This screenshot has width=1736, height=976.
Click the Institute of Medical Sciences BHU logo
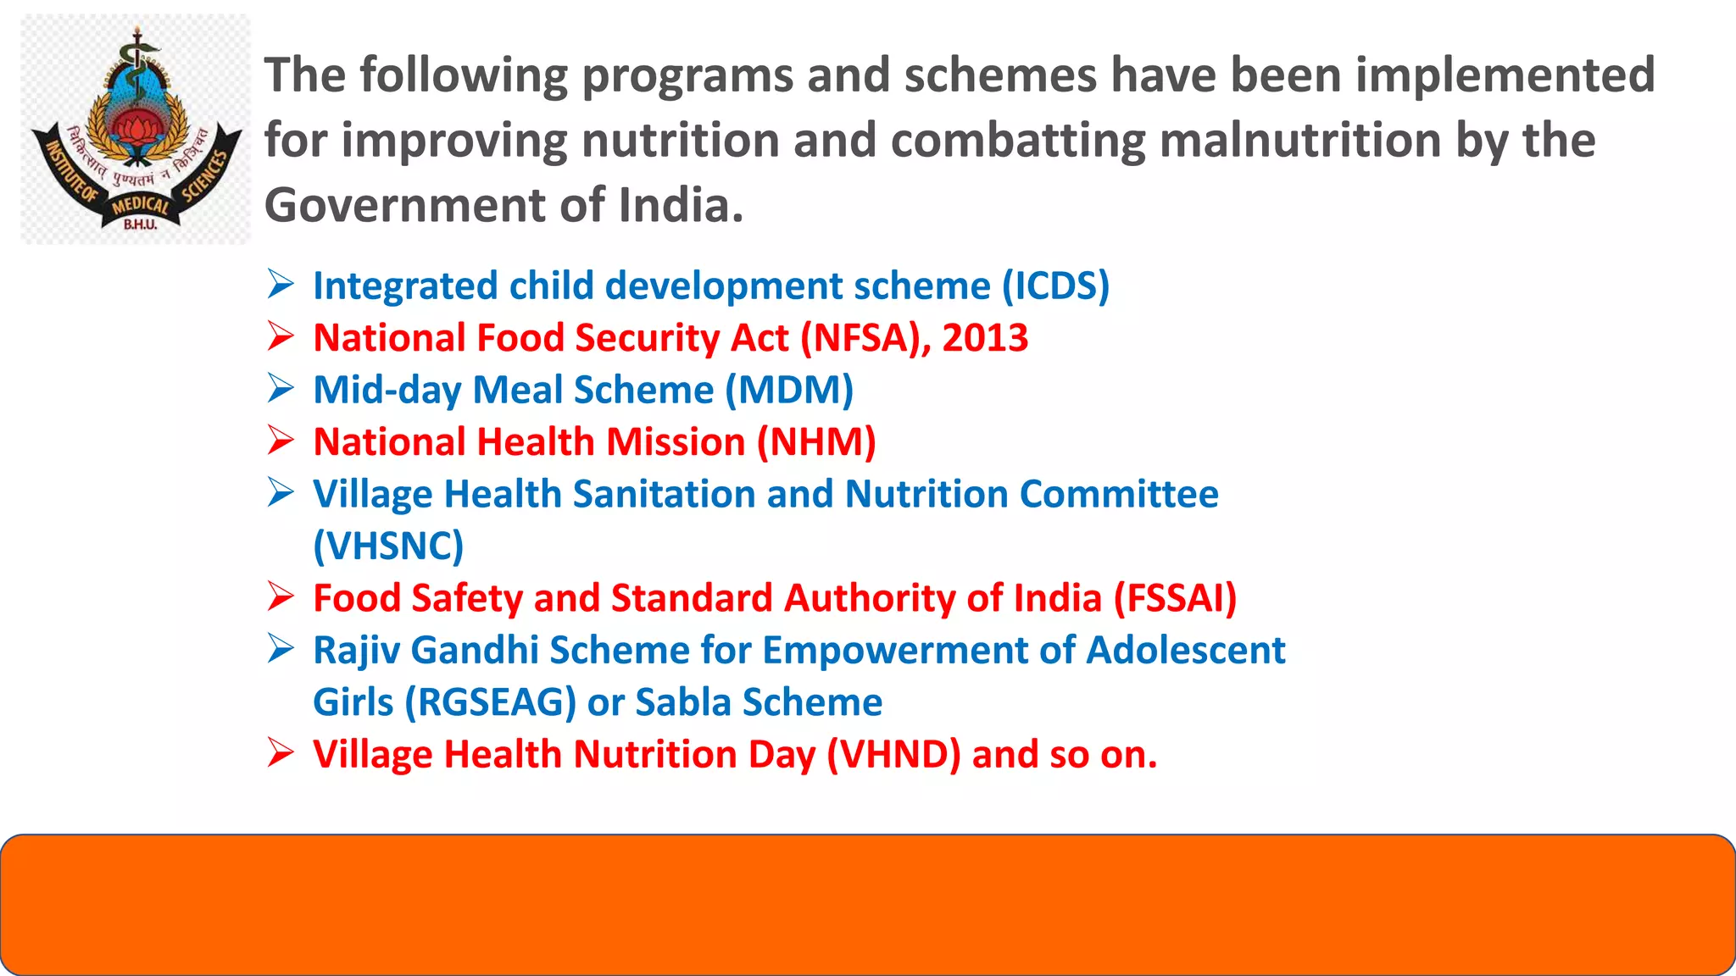tap(136, 130)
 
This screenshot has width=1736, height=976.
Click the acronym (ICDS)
tap(1055, 286)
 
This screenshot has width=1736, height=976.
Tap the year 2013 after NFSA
tap(985, 338)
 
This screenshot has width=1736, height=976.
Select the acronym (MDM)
tap(789, 391)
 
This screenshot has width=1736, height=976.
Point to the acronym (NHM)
tap(816, 442)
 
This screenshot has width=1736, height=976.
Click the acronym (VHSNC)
tap(388, 546)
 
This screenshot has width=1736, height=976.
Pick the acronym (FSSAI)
tap(1175, 598)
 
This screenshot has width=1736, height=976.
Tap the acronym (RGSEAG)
tap(491, 702)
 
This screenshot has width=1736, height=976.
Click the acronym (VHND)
tap(893, 755)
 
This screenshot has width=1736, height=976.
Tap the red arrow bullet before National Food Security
tap(281, 336)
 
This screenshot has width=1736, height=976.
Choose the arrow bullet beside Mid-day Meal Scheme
tap(281, 389)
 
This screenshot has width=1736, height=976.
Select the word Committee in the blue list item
tap(1119, 494)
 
